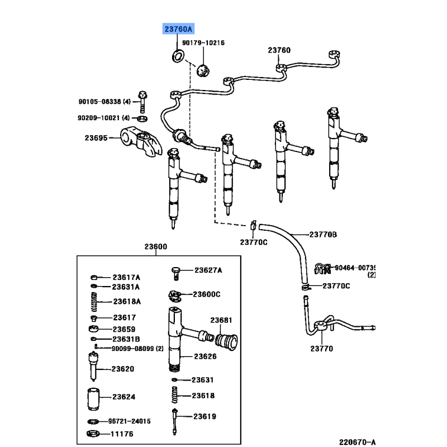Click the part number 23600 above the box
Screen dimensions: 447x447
(155, 246)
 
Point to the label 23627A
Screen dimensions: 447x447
(208, 270)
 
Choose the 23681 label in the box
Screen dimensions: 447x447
(221, 320)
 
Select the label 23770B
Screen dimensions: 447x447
(324, 235)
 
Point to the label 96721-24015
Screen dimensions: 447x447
(130, 421)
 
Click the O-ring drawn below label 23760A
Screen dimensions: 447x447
(179, 56)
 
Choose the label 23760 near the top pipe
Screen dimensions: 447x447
(279, 51)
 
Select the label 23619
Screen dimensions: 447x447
(205, 416)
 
